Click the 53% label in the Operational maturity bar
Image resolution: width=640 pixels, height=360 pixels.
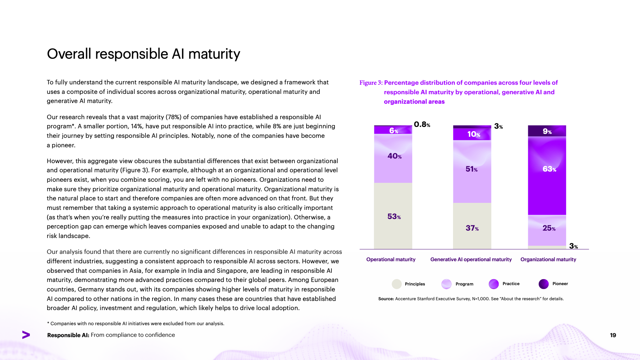tap(394, 217)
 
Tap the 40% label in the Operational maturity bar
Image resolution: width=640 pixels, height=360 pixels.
tap(394, 156)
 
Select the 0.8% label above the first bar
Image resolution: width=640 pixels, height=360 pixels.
tap(422, 124)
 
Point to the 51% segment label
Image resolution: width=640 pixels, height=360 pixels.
tap(471, 169)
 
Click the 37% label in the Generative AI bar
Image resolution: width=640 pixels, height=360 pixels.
tap(472, 228)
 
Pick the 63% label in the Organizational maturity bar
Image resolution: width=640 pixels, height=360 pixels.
tap(549, 169)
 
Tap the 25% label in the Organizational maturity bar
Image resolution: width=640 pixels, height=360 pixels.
tap(549, 228)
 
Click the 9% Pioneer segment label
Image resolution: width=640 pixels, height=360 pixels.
tap(547, 131)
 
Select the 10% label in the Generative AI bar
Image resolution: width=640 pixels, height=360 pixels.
tap(473, 134)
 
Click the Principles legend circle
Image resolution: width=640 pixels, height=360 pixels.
tap(397, 284)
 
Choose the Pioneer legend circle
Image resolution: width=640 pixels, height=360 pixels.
tap(543, 284)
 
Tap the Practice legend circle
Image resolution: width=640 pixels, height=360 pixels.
tap(494, 284)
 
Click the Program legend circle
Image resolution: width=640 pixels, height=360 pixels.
tap(446, 284)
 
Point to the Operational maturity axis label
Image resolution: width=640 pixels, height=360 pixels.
tap(391, 259)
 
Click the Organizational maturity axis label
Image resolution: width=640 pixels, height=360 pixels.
tap(548, 259)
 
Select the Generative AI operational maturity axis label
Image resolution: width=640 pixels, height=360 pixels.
tap(471, 259)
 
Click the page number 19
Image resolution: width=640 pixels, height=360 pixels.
tap(613, 335)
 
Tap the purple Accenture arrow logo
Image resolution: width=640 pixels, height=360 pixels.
tap(26, 335)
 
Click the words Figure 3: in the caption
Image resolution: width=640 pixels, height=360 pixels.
tap(371, 83)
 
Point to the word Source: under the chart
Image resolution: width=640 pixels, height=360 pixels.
tap(386, 299)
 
